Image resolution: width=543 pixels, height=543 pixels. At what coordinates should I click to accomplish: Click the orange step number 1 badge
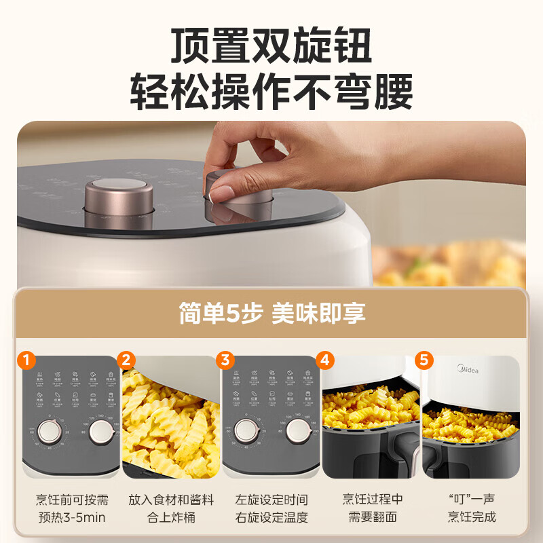(26, 360)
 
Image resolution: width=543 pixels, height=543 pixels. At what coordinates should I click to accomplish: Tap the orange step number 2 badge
(126, 360)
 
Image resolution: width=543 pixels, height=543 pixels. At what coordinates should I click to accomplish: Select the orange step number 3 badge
(226, 360)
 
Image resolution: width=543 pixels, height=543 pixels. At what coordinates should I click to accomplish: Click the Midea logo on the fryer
(466, 370)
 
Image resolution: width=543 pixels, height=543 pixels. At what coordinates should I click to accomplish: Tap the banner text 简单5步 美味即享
(271, 313)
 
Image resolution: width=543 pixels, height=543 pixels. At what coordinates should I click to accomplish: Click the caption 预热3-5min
(72, 517)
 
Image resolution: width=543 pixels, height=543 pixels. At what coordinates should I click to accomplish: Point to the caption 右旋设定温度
(271, 517)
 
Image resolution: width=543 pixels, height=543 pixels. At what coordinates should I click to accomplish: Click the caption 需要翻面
(372, 517)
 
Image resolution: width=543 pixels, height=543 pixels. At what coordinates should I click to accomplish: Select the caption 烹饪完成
(471, 517)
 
